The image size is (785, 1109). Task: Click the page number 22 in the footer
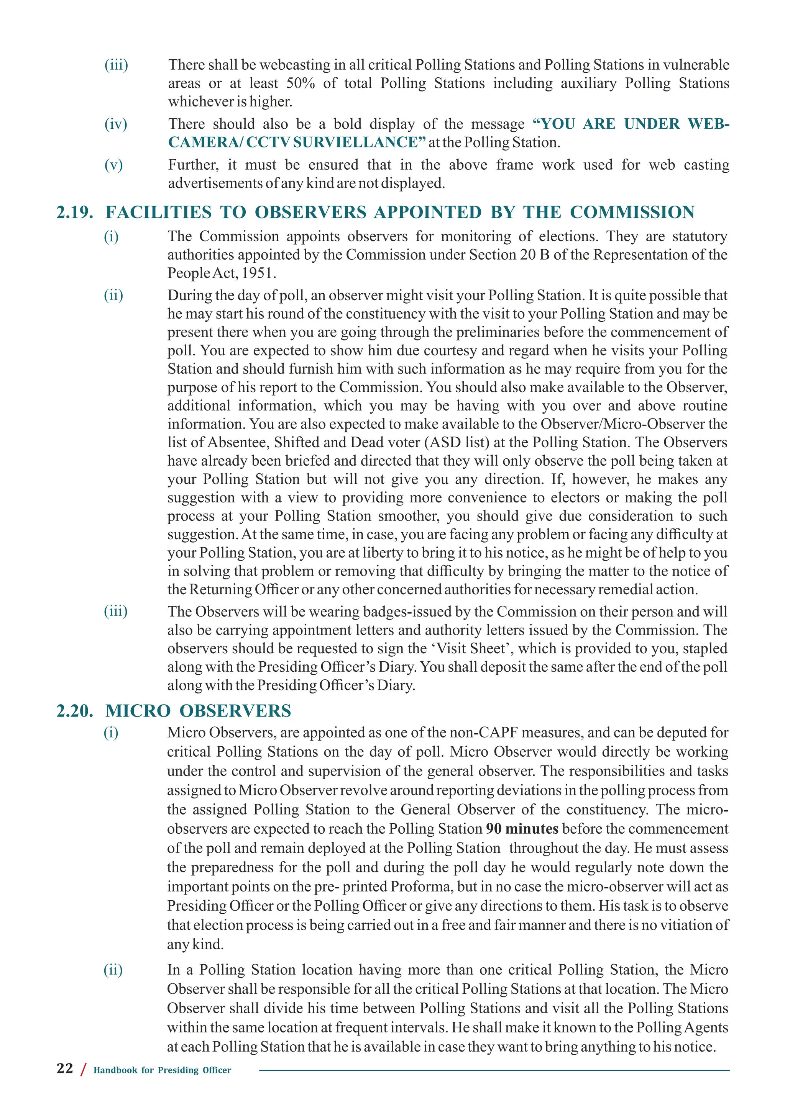tap(65, 1068)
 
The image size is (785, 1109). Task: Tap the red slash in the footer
tap(83, 1070)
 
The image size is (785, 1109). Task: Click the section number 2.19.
tap(75, 213)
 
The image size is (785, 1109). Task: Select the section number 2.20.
tap(75, 711)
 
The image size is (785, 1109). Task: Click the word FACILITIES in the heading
tap(159, 213)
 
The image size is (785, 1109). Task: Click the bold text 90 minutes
tap(522, 829)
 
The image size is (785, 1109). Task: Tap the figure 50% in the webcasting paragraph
tap(300, 83)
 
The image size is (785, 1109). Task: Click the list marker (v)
tap(113, 165)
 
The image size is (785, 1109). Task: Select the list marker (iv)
tap(115, 124)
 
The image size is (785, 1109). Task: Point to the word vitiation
tap(681, 925)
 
